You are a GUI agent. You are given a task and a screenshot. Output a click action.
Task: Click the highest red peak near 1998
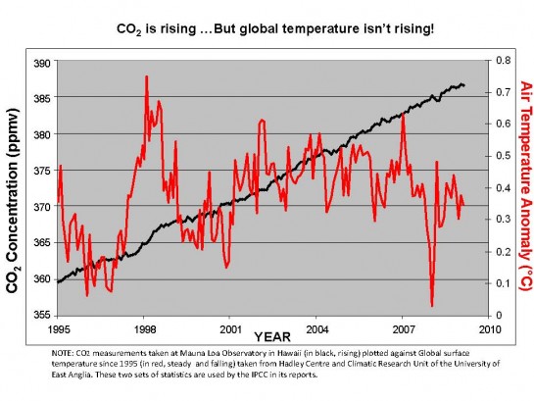pos(146,76)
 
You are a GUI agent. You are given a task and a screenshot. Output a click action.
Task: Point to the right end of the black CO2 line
pos(464,85)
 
